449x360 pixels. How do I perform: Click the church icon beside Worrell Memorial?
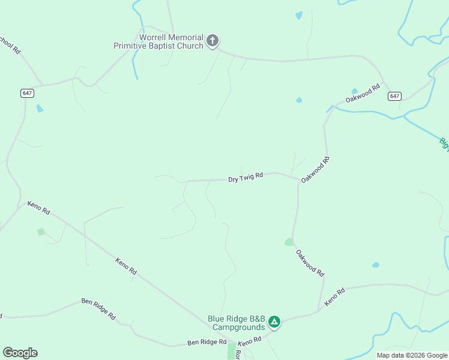coord(212,41)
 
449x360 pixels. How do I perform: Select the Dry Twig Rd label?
coord(246,178)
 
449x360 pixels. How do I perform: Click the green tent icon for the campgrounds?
coord(274,322)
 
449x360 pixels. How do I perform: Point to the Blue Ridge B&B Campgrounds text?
coord(237,323)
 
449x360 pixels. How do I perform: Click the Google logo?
coord(20,353)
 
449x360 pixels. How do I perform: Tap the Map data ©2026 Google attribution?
coord(412,355)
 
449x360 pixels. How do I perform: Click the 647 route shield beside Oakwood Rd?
coord(394,96)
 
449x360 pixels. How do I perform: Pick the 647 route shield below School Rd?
coord(27,93)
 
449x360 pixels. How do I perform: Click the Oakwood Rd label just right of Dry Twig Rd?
coord(316,170)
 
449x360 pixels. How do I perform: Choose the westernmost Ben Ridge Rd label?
coord(99,308)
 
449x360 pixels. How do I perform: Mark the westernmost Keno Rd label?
coord(38,208)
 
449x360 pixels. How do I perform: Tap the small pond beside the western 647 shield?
coord(40,109)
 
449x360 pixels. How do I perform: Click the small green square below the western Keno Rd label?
coord(41,232)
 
